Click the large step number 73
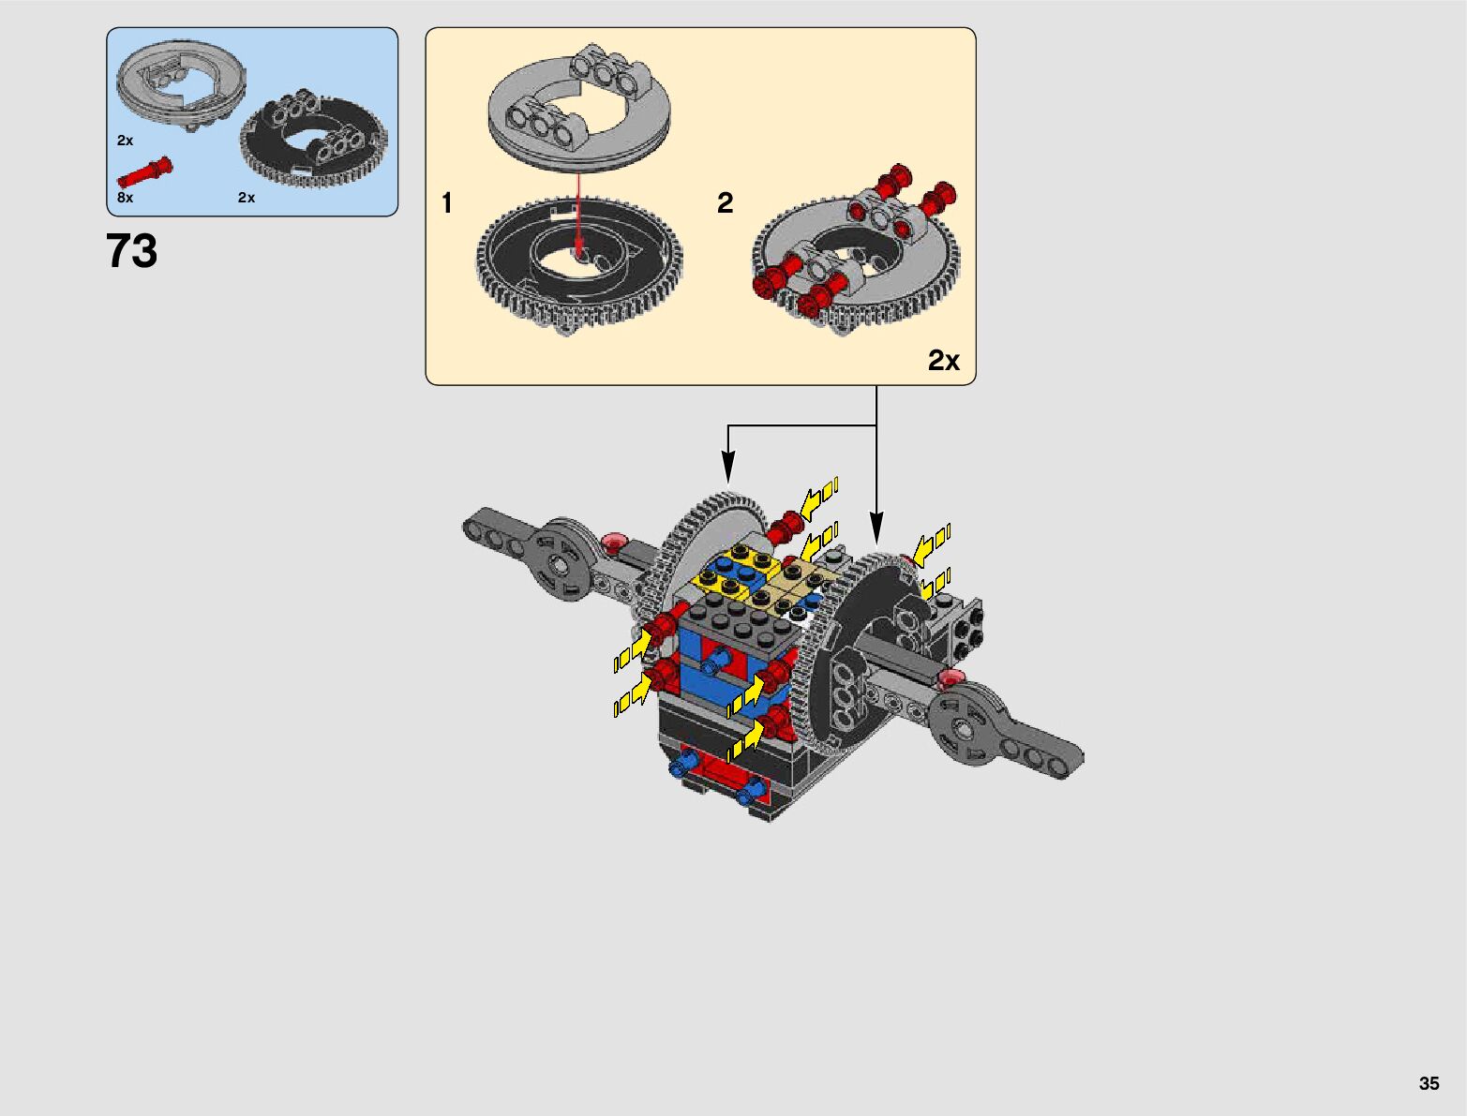[x=131, y=252]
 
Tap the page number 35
[x=1429, y=1082]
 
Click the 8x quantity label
[x=125, y=198]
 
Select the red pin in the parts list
[x=145, y=172]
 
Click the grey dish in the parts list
[x=181, y=84]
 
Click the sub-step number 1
[x=447, y=203]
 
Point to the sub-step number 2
[x=726, y=203]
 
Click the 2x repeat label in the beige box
[x=944, y=361]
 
